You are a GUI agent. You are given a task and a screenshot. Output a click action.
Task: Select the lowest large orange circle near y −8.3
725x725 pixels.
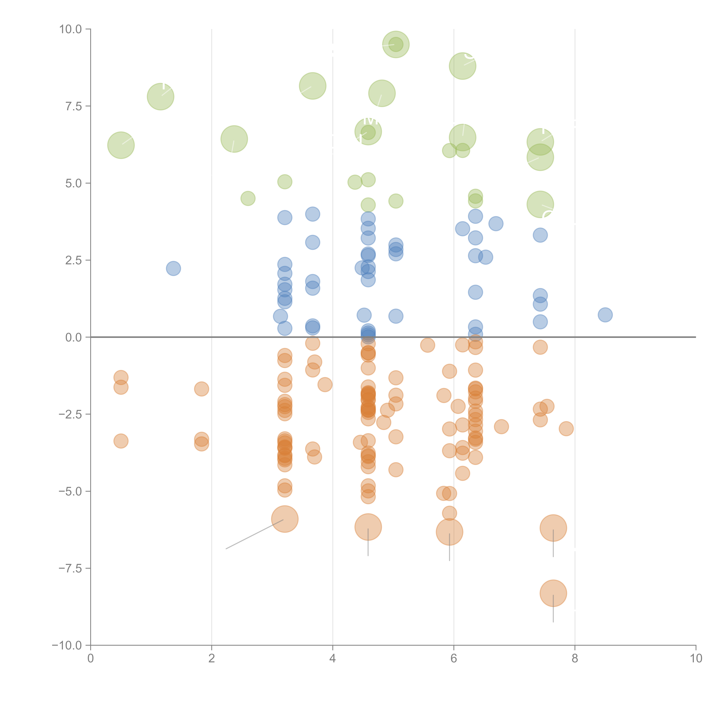tap(553, 593)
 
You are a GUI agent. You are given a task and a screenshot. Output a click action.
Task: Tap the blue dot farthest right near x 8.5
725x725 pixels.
tap(605, 315)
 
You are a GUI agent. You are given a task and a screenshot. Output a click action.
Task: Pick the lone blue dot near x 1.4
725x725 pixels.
tap(173, 268)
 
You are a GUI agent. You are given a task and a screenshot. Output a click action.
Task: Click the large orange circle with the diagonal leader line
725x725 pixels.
tap(285, 519)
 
